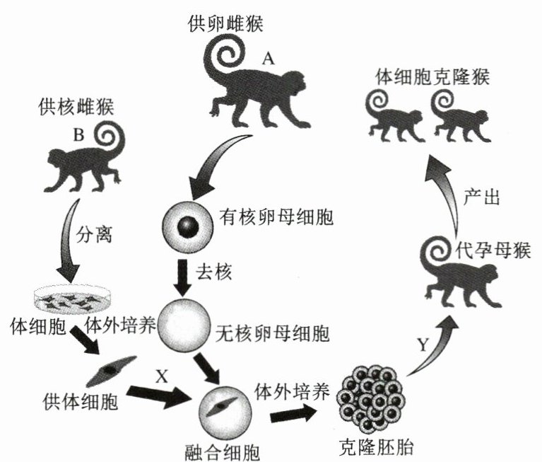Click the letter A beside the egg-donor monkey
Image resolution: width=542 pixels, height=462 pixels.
click(268, 59)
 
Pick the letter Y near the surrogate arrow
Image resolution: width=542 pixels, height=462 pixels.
click(423, 345)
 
